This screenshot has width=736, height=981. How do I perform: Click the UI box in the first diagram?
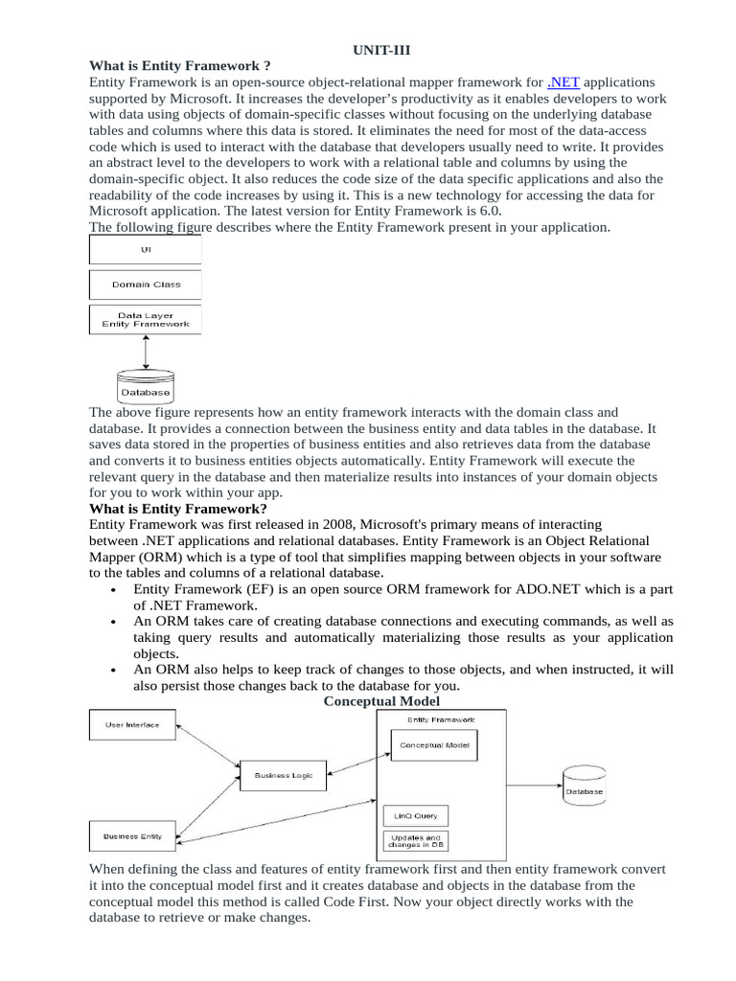(145, 249)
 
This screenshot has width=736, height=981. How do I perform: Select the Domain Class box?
(146, 285)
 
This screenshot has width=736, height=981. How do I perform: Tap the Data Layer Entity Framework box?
(146, 319)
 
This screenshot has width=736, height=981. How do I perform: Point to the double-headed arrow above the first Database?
(146, 352)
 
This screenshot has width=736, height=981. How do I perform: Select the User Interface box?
(132, 725)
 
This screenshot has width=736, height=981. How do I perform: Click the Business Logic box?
(283, 775)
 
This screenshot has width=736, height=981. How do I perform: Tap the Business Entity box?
(132, 836)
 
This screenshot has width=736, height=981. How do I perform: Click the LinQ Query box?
(416, 816)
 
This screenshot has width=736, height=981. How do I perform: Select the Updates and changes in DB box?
(416, 841)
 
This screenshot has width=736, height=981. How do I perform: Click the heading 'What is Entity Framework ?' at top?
(172, 65)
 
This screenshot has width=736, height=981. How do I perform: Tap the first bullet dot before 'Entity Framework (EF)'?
(115, 592)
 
